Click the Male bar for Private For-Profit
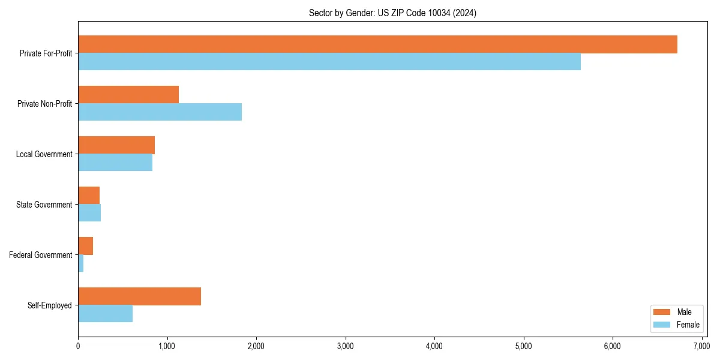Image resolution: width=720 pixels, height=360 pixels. (x=377, y=44)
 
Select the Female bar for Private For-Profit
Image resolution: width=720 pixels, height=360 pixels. (x=329, y=62)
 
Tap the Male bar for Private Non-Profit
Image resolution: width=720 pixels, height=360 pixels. (x=128, y=95)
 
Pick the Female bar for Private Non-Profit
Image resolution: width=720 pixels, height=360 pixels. (x=160, y=112)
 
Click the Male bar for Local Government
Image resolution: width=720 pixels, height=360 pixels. (x=116, y=145)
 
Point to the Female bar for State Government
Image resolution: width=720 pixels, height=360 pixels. (x=89, y=213)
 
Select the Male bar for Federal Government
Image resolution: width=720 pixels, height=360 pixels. (x=86, y=246)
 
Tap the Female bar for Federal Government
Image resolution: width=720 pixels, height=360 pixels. (x=81, y=263)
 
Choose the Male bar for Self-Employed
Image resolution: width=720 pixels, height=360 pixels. (x=139, y=296)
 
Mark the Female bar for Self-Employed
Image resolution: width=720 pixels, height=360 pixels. (x=106, y=314)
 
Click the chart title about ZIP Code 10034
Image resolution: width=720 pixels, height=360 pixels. (x=392, y=13)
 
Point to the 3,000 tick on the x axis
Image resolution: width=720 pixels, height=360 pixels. (x=345, y=346)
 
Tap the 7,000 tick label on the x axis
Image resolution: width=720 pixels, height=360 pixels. (x=701, y=346)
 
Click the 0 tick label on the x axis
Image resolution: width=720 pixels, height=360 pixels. (x=78, y=346)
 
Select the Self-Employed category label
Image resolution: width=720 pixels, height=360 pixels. (x=50, y=305)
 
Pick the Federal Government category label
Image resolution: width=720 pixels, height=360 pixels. (x=41, y=255)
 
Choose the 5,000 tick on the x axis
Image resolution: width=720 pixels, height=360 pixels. (x=523, y=346)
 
